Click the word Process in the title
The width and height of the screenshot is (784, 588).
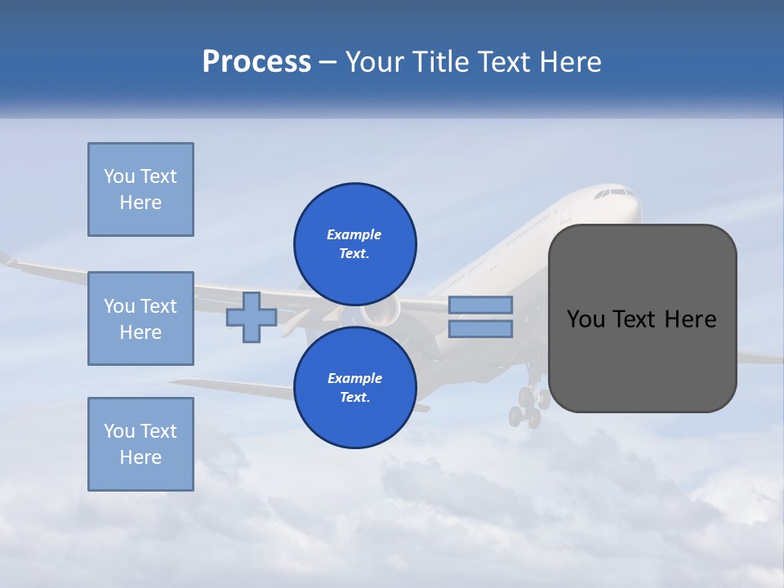point(256,62)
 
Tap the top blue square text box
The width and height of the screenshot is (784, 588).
point(140,189)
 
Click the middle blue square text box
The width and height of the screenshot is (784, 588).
point(140,318)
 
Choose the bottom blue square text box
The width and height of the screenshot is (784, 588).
point(140,444)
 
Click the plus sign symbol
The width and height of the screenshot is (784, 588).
point(252,318)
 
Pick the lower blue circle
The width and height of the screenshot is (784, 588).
point(355,387)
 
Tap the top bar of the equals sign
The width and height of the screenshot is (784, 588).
point(481,305)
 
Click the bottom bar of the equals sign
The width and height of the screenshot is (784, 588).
point(481,329)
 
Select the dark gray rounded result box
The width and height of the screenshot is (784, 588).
point(642,318)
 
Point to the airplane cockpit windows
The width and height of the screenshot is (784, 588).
point(614,194)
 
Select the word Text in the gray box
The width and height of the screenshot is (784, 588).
point(637,319)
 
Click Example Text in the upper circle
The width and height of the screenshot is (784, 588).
point(354,244)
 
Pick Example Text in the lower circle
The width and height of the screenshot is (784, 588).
point(354,388)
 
